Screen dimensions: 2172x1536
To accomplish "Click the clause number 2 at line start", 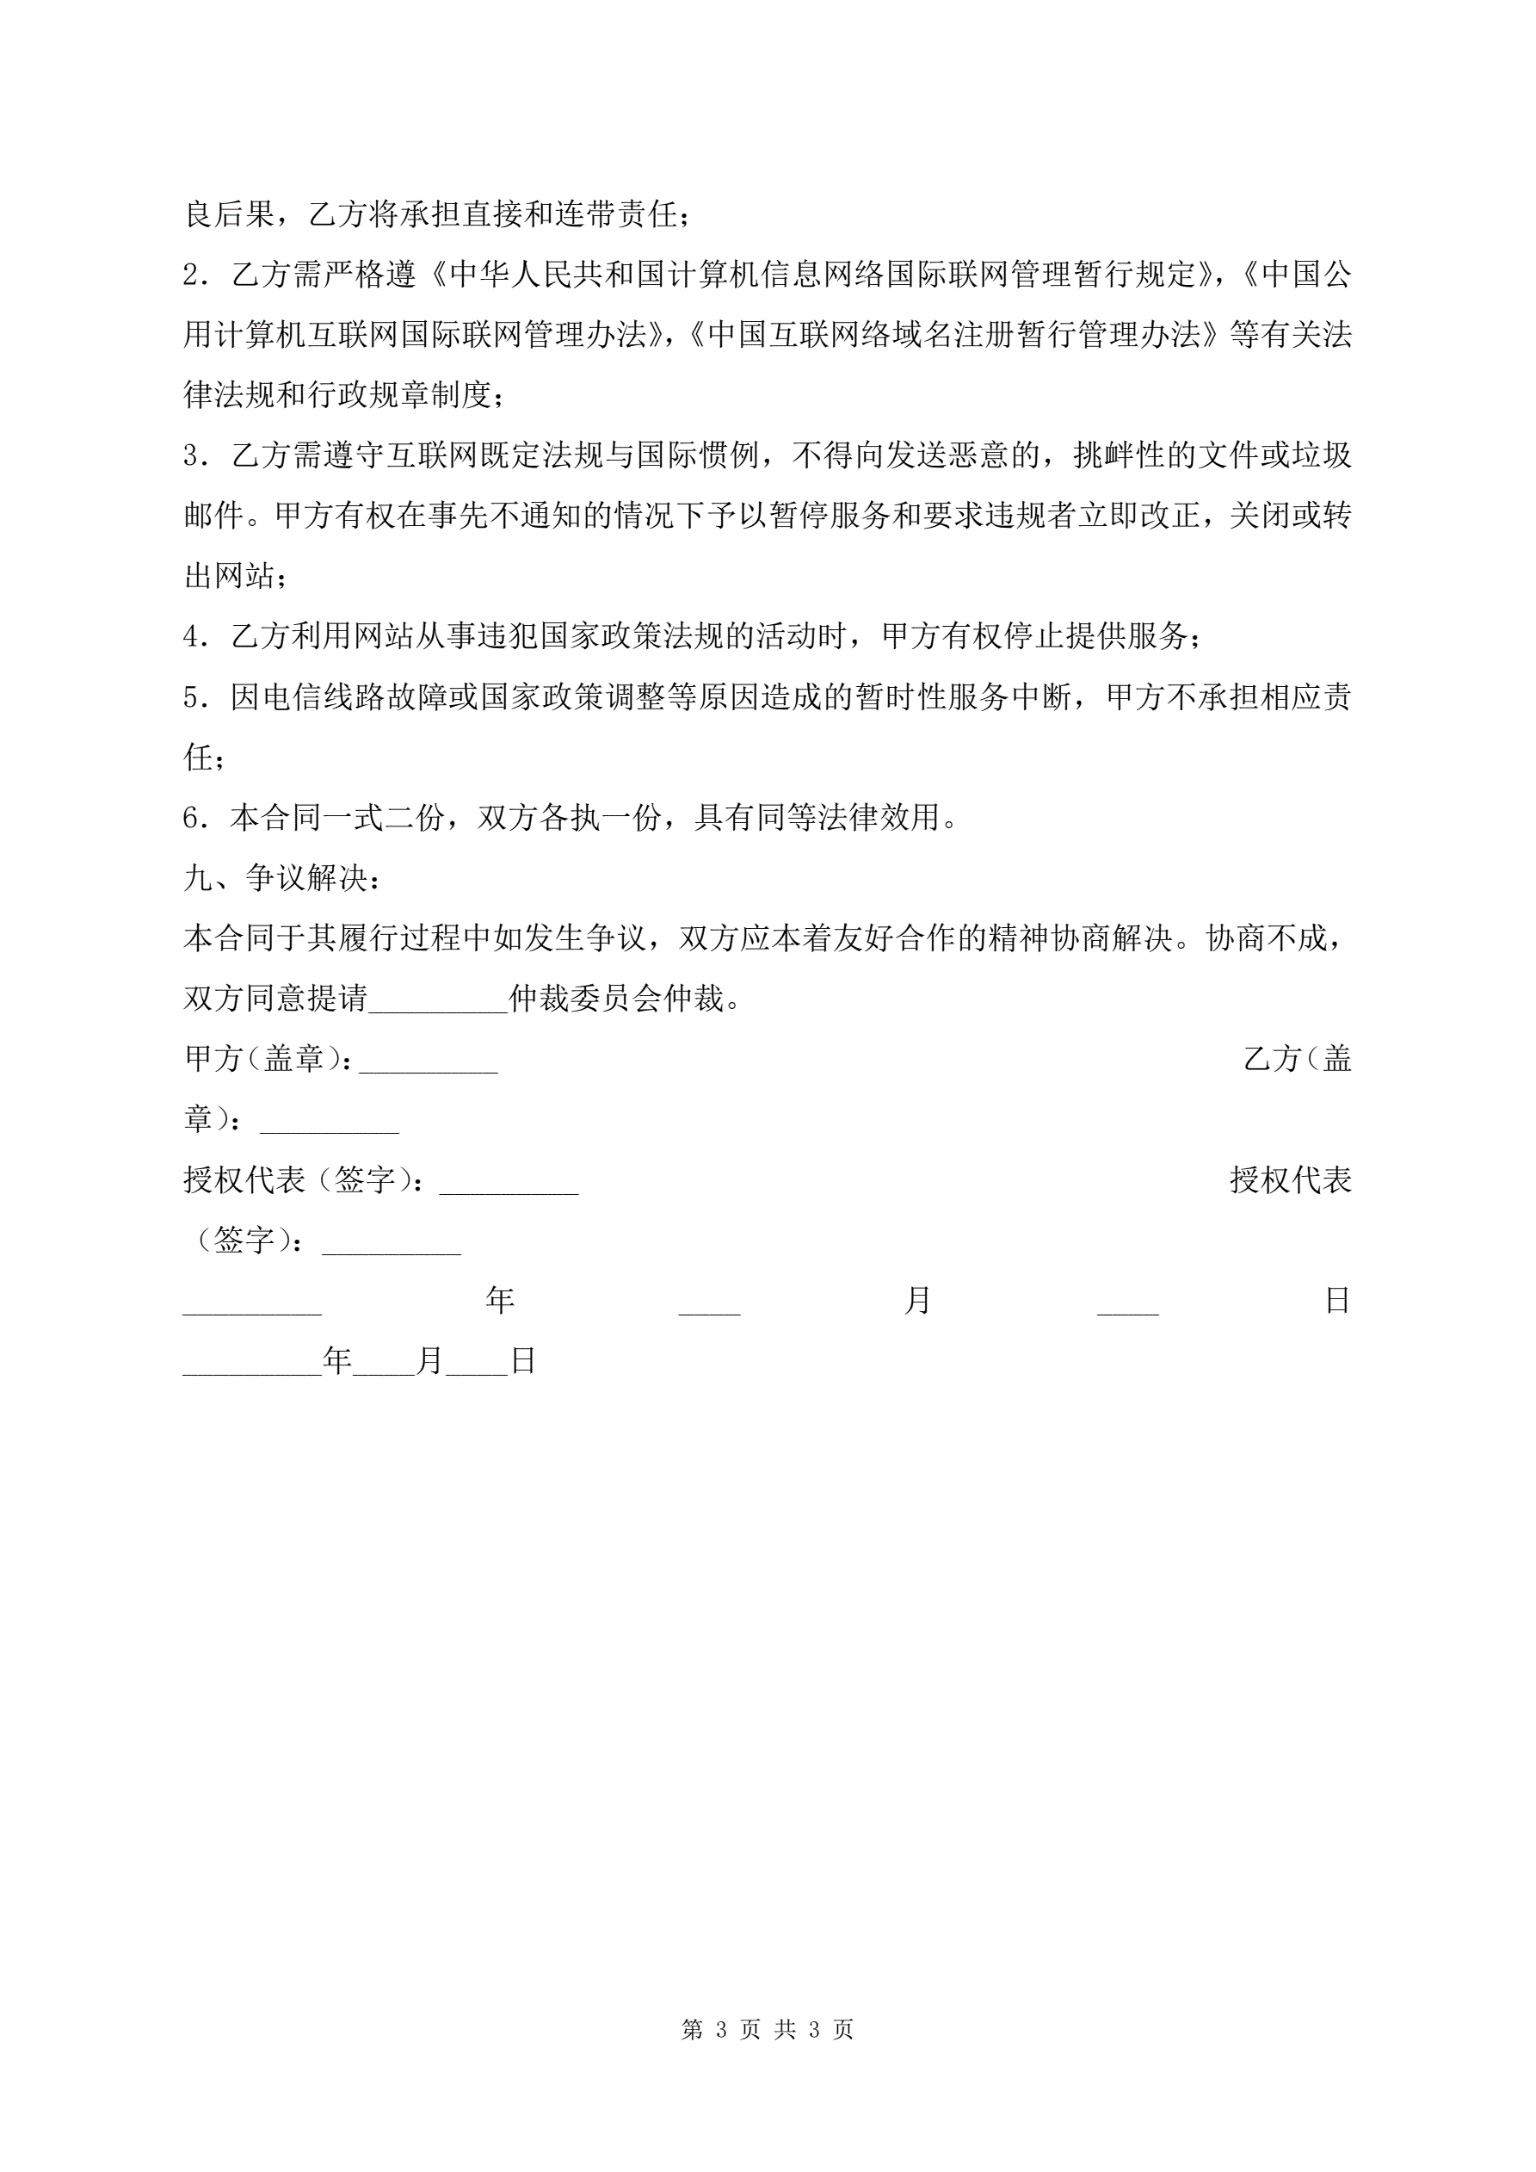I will coord(191,275).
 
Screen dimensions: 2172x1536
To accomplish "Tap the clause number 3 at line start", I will coord(191,456).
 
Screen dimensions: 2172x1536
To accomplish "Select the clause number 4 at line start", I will coord(191,637).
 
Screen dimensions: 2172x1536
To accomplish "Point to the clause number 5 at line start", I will coord(191,698).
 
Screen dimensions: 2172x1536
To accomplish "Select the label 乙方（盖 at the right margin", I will coord(1297,1059).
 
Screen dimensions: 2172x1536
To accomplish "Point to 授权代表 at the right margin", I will coord(1290,1179).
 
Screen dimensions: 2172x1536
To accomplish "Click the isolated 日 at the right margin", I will coord(1337,1301).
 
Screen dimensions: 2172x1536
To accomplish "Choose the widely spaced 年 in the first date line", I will coord(499,1301).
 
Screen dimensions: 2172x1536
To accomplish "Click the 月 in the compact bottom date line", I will coord(429,1361).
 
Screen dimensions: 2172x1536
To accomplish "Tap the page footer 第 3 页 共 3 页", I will coord(767,2029).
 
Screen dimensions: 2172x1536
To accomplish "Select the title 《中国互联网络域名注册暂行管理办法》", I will coord(954,335).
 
